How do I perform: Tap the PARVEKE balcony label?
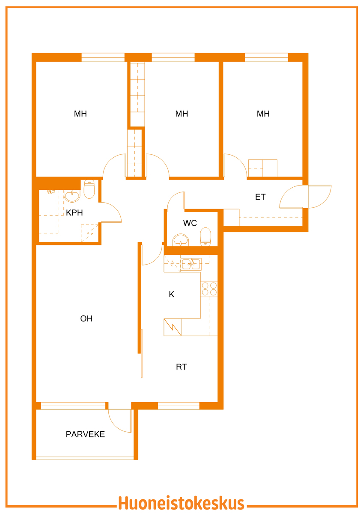[x=85, y=434]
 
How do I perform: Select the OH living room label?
[x=86, y=318]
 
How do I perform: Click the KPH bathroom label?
[x=74, y=212]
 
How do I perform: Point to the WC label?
[x=190, y=223]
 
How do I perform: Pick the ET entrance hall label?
[x=260, y=197]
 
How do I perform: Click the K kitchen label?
[x=172, y=294]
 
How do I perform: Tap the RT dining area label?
[x=181, y=367]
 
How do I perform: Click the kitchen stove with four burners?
[x=209, y=289]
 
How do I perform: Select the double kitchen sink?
[x=191, y=264]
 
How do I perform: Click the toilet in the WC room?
[x=205, y=237]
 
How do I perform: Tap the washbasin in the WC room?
[x=181, y=240]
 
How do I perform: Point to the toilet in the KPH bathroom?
[x=89, y=189]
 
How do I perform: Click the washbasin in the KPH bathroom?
[x=72, y=196]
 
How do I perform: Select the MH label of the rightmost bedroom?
[x=263, y=114]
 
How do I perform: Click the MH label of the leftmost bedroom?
[x=80, y=114]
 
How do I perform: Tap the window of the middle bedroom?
[x=173, y=57]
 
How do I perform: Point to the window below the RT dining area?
[x=179, y=406]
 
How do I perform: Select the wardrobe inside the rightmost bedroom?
[x=263, y=168]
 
